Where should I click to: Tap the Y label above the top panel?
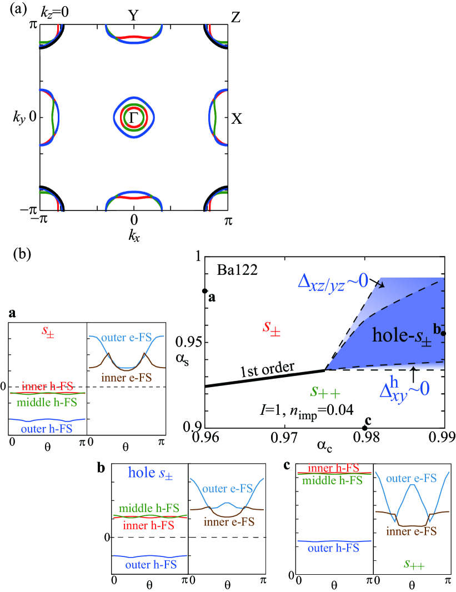[133, 15]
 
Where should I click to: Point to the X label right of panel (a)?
[237, 118]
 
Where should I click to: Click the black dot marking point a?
[205, 291]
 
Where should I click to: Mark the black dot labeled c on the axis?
[364, 428]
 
